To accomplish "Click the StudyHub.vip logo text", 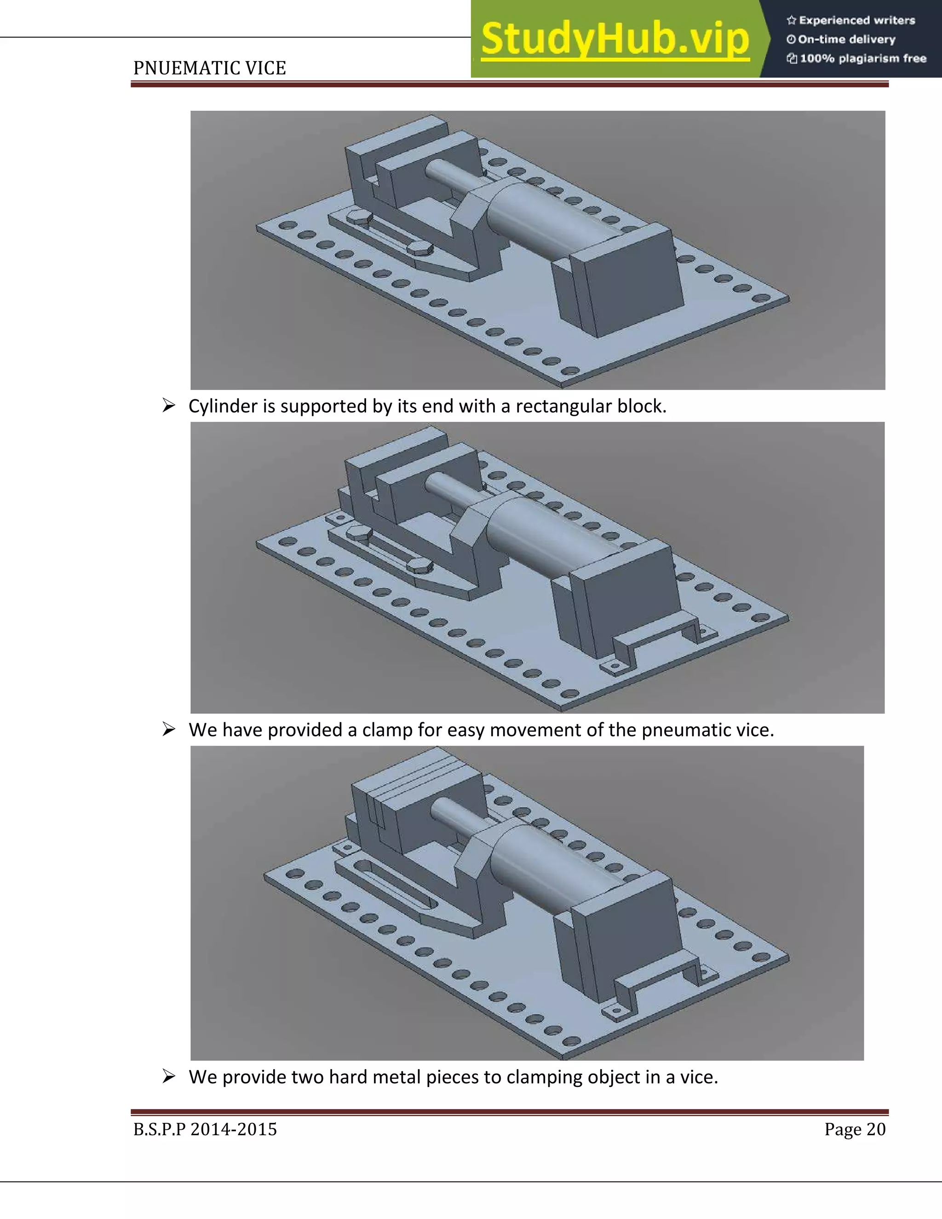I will [x=614, y=39].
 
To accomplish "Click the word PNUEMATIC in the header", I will [x=178, y=68].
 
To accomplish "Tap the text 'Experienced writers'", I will [x=856, y=21].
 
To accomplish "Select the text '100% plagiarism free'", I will [x=862, y=58].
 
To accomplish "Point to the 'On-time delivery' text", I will [x=846, y=40].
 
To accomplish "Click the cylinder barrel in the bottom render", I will [x=536, y=871].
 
